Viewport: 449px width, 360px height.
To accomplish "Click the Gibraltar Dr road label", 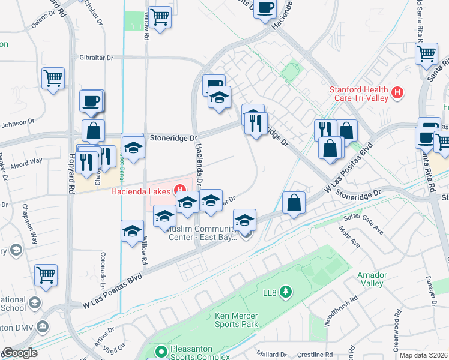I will pyautogui.click(x=97, y=57).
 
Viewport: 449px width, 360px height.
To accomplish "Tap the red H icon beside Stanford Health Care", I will pyautogui.click(x=396, y=93).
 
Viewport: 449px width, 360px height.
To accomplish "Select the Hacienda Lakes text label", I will pyautogui.click(x=142, y=192).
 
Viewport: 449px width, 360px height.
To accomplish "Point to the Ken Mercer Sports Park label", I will pyautogui.click(x=237, y=320).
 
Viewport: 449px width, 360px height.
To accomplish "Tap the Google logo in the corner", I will pyautogui.click(x=19, y=353).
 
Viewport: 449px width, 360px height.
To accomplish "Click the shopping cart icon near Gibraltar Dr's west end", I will pyautogui.click(x=53, y=78).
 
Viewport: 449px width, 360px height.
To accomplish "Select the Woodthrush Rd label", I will pyautogui.click(x=328, y=310).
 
